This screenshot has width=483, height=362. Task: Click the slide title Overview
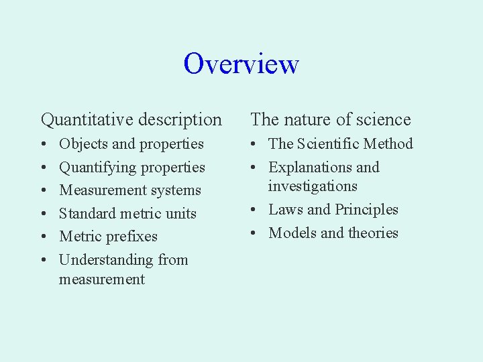point(241,64)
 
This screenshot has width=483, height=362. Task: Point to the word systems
point(175,190)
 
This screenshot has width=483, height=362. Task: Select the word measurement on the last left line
point(102,280)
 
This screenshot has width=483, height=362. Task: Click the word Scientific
point(329,144)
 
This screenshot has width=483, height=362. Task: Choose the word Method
point(390,144)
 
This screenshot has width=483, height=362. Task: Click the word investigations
point(313,186)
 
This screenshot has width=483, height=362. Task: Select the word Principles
point(366,210)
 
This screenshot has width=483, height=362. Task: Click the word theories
point(373,233)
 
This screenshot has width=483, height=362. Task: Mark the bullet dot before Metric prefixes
point(44,237)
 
